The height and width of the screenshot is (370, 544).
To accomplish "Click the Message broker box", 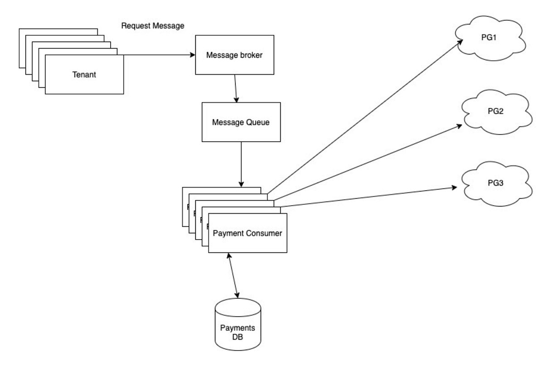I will click(x=234, y=55).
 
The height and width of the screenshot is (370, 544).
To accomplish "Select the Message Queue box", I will click(x=241, y=122).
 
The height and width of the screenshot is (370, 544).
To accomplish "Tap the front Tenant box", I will click(x=84, y=75).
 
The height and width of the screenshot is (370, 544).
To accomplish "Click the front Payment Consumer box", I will click(x=248, y=234).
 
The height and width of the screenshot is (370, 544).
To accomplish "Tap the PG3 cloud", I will click(x=497, y=184).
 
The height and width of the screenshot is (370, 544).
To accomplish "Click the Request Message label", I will click(x=153, y=26).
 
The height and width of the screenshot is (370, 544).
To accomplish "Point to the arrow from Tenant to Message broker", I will click(x=159, y=55).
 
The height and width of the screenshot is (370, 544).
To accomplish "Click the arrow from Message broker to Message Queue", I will click(x=235, y=88).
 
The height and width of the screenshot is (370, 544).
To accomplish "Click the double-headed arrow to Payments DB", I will click(x=232, y=275).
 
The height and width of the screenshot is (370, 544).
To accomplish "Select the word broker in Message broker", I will click(x=250, y=55).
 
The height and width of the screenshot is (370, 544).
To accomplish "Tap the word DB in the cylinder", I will click(x=238, y=336).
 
